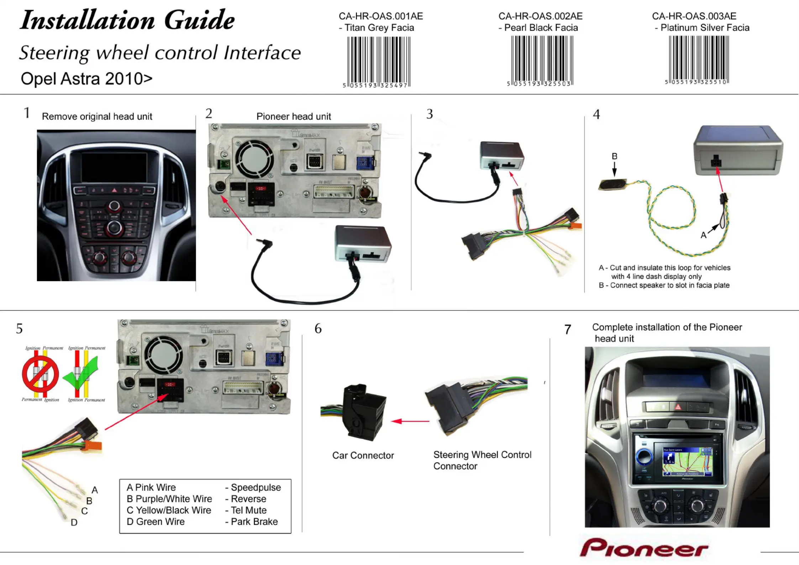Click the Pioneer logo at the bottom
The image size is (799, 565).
(643, 548)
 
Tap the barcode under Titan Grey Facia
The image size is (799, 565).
(378, 61)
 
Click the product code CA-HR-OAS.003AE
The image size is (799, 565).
(694, 16)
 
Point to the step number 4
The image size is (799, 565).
(596, 115)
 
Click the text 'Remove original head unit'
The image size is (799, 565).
(97, 116)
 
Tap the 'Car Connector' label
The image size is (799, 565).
(363, 455)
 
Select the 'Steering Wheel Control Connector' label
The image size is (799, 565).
(482, 460)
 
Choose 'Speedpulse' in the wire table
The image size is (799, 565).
(256, 487)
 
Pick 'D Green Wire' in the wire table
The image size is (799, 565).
(156, 522)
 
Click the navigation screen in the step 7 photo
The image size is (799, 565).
(687, 461)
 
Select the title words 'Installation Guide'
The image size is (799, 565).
(127, 20)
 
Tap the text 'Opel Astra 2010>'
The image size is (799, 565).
(86, 79)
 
